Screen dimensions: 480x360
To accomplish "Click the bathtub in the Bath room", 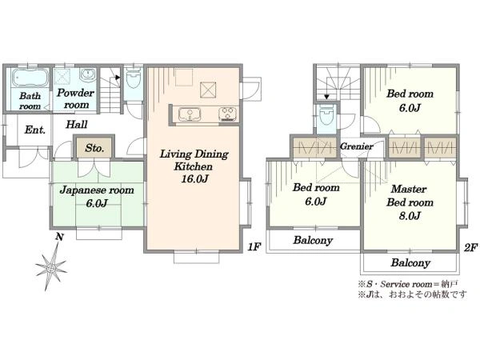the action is (x=30, y=78).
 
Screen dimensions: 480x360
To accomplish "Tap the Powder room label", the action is (x=75, y=98).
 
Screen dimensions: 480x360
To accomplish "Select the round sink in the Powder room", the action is (x=88, y=75).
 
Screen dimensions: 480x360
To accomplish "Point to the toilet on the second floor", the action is (x=326, y=114).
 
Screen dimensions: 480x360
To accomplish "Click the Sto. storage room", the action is (x=94, y=148).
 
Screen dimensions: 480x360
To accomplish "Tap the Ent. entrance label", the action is (x=35, y=130).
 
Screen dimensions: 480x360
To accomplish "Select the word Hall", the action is (x=77, y=124).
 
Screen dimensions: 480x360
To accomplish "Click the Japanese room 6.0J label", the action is (x=97, y=196).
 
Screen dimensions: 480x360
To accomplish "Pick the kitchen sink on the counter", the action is (x=190, y=114).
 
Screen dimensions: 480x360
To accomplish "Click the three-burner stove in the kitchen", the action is (x=228, y=114).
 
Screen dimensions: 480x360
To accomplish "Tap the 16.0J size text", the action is (x=194, y=178).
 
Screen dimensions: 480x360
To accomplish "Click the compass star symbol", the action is (x=51, y=267).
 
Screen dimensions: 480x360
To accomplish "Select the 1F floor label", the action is (x=254, y=246).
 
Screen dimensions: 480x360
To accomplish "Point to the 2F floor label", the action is (x=471, y=247).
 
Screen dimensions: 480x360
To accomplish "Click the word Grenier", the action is (x=357, y=146).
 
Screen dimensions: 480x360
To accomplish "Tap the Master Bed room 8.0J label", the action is (x=410, y=202).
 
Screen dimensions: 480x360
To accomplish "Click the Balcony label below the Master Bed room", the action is (x=410, y=262).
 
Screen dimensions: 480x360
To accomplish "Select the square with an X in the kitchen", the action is (x=208, y=90).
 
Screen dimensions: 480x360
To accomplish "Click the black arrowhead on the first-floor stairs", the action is (x=118, y=78).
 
